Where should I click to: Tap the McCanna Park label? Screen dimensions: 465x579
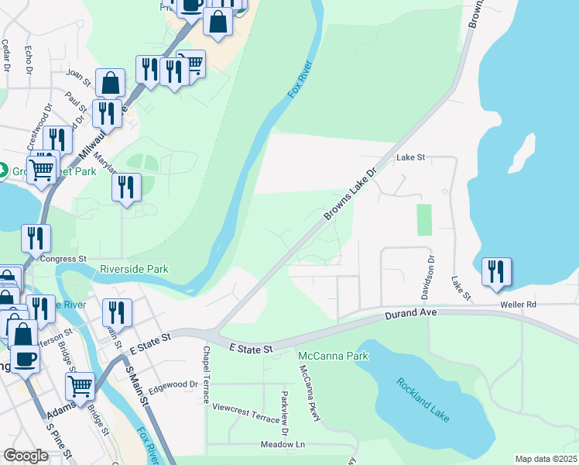[334, 356]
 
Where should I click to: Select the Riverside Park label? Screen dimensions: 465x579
[134, 270]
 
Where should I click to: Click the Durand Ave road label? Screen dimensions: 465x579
[412, 313]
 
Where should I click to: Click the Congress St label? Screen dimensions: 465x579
[63, 259]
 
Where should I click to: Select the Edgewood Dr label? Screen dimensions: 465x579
[173, 384]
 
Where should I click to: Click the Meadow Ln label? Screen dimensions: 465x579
[283, 445]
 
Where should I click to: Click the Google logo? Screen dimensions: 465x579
[26, 456]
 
